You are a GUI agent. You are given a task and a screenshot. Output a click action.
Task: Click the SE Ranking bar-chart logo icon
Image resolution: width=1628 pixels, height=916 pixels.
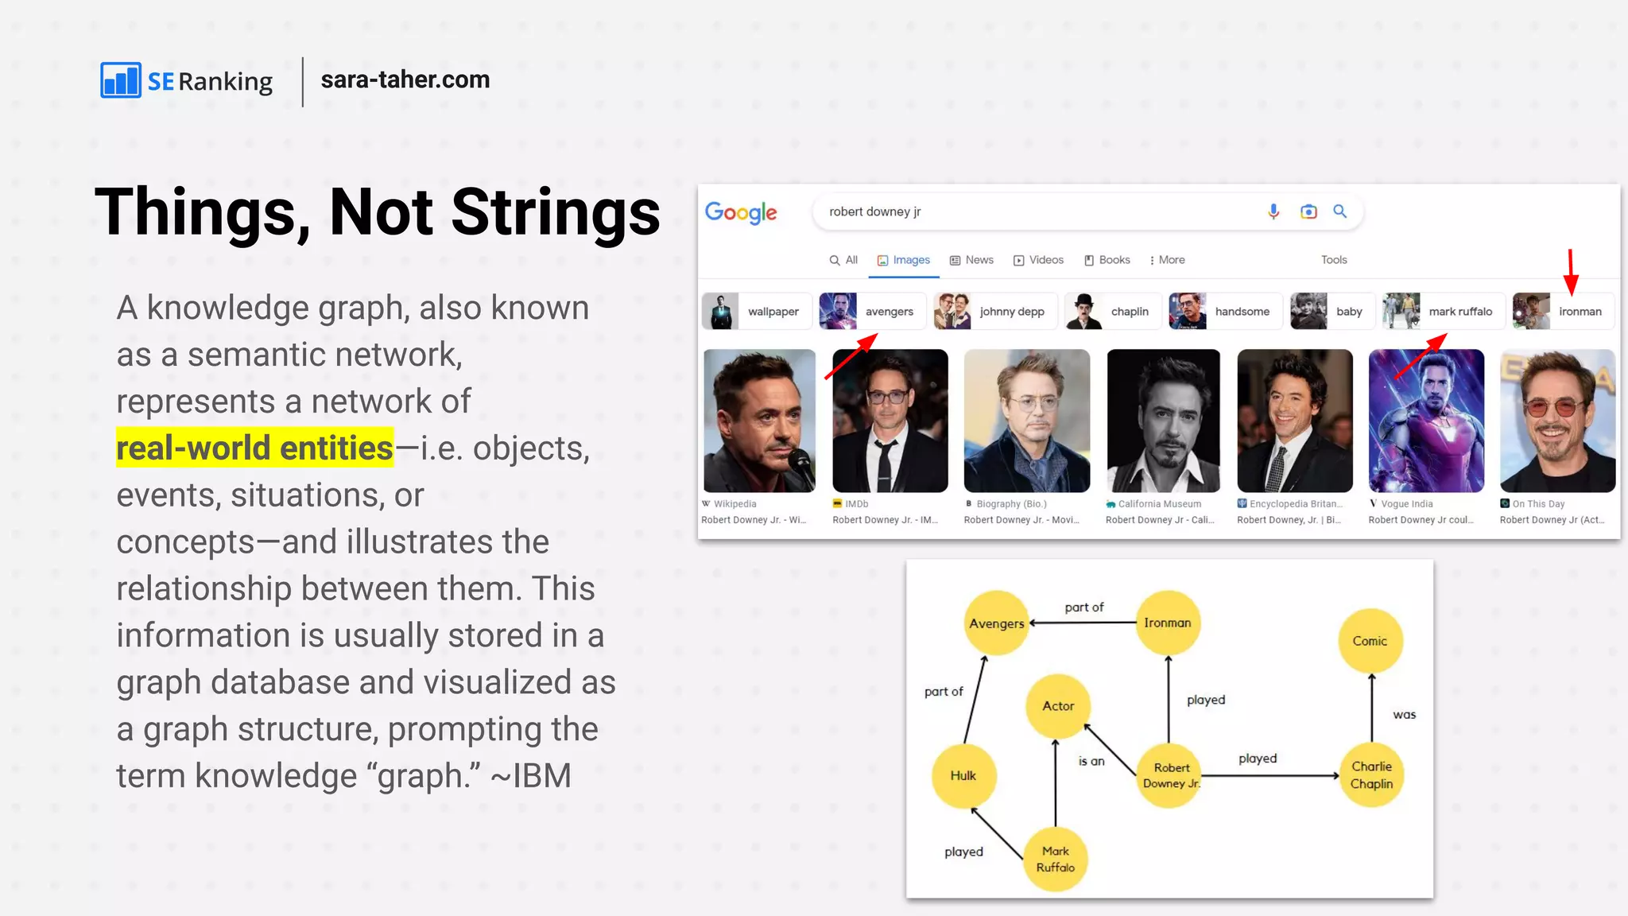(121, 80)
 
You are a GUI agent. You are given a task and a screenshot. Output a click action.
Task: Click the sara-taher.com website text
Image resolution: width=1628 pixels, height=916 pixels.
(405, 80)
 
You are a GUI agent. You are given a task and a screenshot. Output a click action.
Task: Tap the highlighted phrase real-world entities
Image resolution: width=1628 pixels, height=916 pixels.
(254, 448)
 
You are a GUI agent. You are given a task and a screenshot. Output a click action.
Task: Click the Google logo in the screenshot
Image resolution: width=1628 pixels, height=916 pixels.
(741, 212)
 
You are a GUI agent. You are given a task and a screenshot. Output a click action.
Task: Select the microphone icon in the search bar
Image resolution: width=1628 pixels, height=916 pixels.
(1273, 212)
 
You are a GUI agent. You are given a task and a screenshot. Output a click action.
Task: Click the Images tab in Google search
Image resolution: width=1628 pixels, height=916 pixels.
(904, 260)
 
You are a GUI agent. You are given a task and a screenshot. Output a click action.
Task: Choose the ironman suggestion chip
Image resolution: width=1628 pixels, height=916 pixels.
(1563, 312)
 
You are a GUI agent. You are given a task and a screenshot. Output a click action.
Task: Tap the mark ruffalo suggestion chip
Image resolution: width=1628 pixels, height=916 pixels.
(1443, 312)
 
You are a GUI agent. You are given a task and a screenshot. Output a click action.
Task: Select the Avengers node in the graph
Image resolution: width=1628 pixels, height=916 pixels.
(997, 623)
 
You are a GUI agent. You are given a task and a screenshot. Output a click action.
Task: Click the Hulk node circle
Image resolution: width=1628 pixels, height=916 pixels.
(963, 775)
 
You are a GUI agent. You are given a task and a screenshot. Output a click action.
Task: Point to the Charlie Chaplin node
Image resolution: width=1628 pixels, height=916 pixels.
(1371, 774)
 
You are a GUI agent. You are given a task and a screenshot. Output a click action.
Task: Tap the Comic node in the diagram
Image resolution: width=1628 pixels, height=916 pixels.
(1370, 641)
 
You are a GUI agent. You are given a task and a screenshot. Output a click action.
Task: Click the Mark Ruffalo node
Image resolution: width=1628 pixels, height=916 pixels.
(1056, 859)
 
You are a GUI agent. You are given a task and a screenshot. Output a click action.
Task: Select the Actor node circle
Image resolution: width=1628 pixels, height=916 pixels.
(1058, 706)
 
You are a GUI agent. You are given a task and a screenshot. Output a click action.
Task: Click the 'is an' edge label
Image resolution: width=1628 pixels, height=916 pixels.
(1091, 761)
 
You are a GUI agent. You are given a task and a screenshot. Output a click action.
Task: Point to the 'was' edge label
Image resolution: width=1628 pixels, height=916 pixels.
(1404, 715)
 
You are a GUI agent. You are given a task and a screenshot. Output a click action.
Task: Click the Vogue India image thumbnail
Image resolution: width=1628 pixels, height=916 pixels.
(1426, 421)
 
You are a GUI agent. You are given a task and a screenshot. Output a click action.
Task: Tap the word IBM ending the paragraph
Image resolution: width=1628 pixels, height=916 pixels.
(542, 776)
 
